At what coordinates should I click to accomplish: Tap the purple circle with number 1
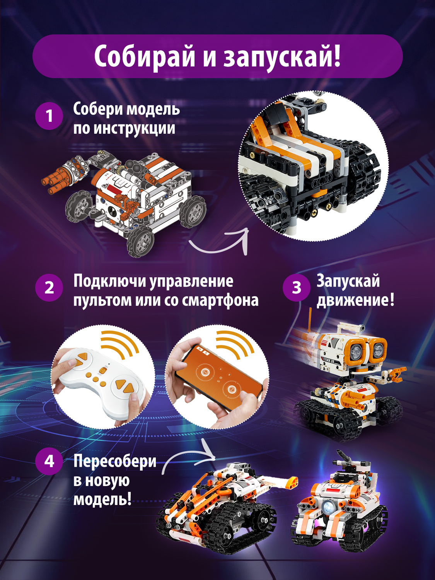tap(49, 116)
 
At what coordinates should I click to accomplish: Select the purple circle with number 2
tap(49, 288)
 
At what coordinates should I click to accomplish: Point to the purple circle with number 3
tap(297, 288)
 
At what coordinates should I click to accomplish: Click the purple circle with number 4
tap(49, 461)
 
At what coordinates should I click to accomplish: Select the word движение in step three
tap(353, 300)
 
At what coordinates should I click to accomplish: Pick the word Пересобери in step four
tap(115, 461)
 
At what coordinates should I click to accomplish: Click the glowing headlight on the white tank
tap(329, 506)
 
